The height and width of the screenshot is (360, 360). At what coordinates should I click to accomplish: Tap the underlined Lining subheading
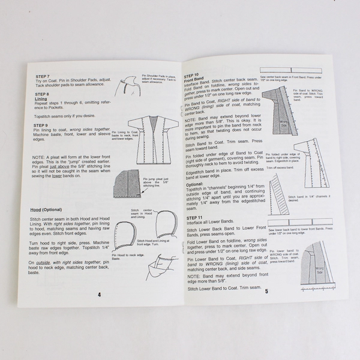(x=41, y=99)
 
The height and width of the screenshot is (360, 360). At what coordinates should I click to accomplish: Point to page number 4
(x=99, y=294)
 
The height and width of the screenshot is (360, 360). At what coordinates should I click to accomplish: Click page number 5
(x=265, y=292)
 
